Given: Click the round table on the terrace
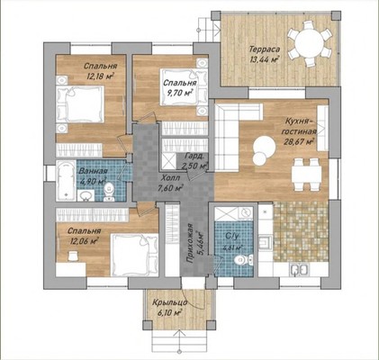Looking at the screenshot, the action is [x=310, y=44].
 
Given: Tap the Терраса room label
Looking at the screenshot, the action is [x=265, y=49].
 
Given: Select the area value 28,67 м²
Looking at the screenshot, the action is [x=299, y=141].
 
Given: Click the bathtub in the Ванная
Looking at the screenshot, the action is [x=66, y=180].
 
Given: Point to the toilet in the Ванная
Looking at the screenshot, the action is [x=108, y=192].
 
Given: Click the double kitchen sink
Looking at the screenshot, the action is [x=299, y=269].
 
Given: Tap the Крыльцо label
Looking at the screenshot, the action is [x=170, y=303].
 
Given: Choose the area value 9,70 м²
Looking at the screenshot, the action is [x=180, y=93].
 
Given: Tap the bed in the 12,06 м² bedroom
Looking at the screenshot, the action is [x=134, y=255].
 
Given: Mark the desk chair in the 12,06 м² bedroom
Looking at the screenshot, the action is [x=73, y=256].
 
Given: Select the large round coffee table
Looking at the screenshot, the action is [x=264, y=147].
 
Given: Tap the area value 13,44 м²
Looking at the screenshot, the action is [x=264, y=59].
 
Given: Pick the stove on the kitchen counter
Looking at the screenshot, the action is [x=266, y=242].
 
